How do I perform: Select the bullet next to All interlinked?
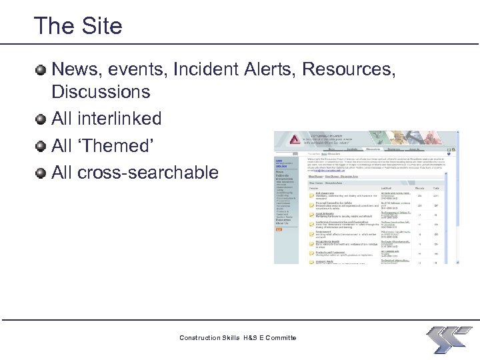tap(41, 119)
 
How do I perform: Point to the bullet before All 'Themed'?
tap(41, 146)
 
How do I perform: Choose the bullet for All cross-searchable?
tap(41, 173)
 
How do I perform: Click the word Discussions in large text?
tap(101, 91)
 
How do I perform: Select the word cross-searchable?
tap(148, 173)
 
